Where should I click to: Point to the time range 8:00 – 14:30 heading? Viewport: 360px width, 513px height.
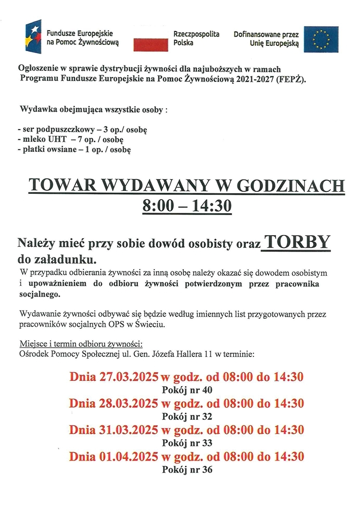click(x=187, y=206)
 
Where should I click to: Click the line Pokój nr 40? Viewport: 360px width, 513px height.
click(x=188, y=390)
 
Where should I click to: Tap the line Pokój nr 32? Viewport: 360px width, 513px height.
click(x=188, y=417)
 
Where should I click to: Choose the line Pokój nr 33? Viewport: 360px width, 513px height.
click(x=188, y=443)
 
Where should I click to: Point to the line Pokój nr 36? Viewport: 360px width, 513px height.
click(x=188, y=469)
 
